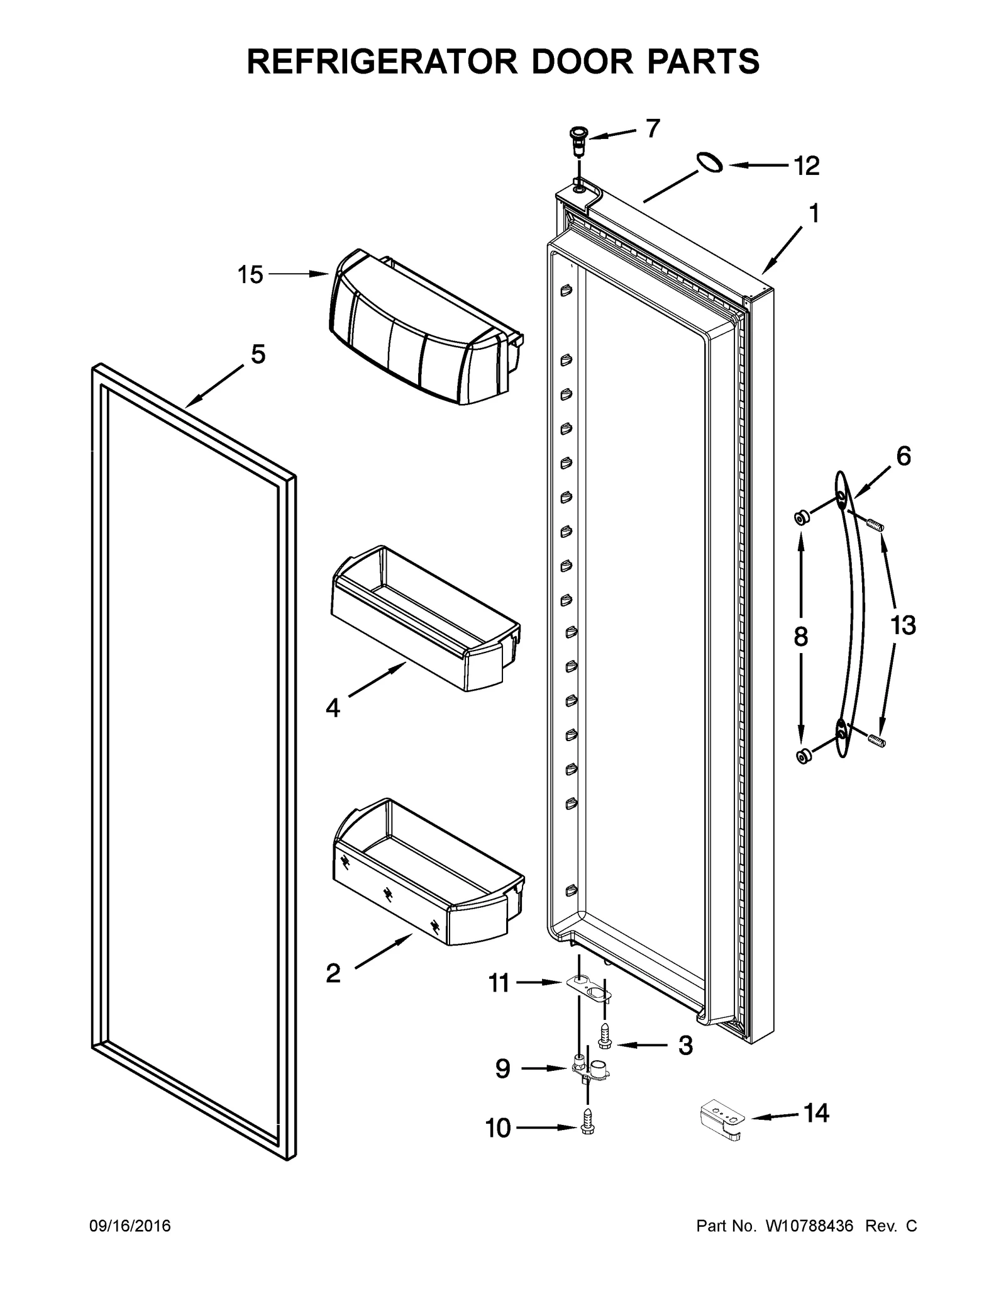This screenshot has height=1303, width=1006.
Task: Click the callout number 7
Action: [x=653, y=128]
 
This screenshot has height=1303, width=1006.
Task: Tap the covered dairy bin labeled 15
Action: [x=421, y=327]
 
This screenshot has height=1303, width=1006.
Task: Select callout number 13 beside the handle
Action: [x=902, y=626]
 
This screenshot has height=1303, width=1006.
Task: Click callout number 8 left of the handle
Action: [x=800, y=637]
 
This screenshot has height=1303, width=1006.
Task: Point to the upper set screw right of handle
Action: [x=875, y=523]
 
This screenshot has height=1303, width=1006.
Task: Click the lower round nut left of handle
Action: [x=802, y=756]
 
